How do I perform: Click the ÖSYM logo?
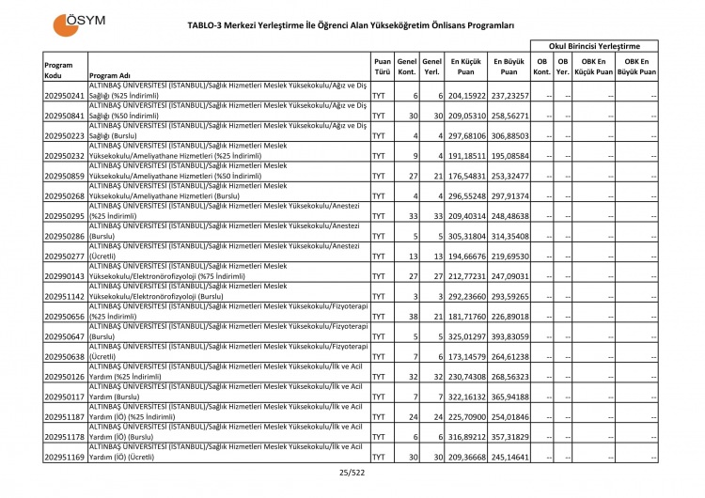pyautogui.click(x=79, y=23)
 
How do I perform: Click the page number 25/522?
pyautogui.click(x=352, y=473)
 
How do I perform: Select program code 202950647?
pyautogui.click(x=65, y=336)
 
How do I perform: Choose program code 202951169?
pyautogui.click(x=65, y=457)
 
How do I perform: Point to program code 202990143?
pyautogui.click(x=65, y=276)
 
